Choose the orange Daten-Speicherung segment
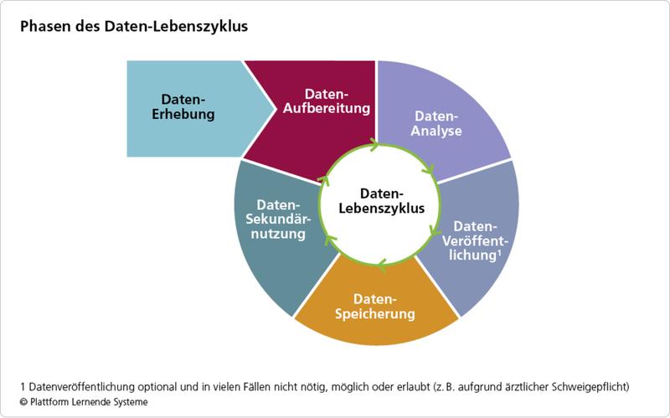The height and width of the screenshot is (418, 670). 376,306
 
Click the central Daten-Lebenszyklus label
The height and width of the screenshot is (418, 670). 382,201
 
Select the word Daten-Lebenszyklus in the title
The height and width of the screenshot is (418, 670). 176,27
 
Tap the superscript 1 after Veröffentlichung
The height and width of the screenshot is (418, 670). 498,252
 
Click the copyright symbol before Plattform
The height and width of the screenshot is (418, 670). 23,402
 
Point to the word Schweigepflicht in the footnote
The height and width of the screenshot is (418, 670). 590,387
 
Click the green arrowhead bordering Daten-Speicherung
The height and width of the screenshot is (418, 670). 383,265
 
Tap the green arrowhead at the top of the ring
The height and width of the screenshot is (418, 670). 374,145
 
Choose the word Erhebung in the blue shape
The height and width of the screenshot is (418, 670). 183,114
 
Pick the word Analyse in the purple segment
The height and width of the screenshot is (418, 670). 436,132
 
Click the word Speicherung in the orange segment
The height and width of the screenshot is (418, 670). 374,314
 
